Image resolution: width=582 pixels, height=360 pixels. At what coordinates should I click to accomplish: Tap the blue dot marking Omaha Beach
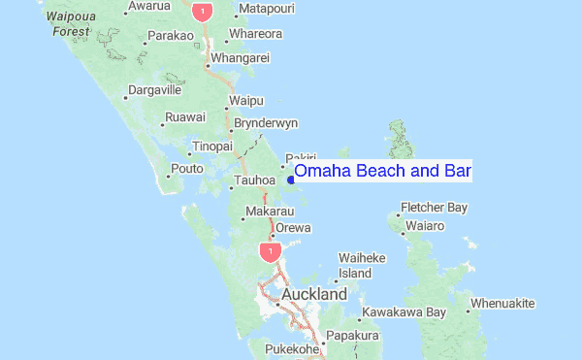click(290, 179)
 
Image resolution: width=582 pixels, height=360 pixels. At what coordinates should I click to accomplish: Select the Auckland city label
click(314, 294)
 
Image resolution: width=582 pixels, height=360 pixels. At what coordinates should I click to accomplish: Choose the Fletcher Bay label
click(435, 207)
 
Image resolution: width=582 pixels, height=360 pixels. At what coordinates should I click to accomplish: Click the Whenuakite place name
click(502, 304)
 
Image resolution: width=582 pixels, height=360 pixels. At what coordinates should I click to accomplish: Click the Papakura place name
click(351, 336)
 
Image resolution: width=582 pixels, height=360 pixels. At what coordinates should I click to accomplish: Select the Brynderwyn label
click(266, 122)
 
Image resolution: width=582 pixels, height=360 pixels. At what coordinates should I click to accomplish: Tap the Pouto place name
click(186, 169)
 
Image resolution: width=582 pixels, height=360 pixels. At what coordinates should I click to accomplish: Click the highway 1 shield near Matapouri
click(203, 12)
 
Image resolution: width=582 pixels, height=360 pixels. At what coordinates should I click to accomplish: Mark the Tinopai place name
click(212, 146)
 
